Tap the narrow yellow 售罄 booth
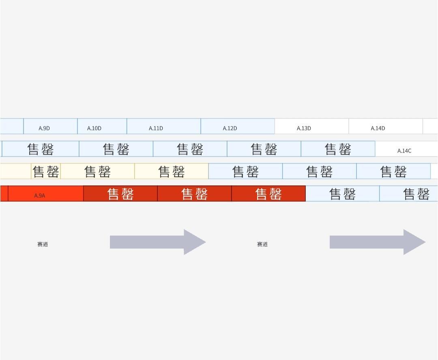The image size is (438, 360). click(46, 171)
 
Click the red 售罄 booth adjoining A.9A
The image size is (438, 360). click(120, 194)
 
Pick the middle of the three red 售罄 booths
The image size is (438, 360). click(194, 194)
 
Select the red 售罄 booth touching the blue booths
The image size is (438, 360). click(268, 194)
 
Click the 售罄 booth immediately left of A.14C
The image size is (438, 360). click(338, 149)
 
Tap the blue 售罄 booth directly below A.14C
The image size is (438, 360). click(393, 171)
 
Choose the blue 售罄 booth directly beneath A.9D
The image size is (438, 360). click(41, 149)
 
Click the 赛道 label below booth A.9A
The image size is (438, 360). click(43, 244)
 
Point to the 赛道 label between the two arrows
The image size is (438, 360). click(262, 244)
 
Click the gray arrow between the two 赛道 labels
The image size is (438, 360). click(154, 242)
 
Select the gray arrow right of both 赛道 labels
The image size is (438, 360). click(373, 242)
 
